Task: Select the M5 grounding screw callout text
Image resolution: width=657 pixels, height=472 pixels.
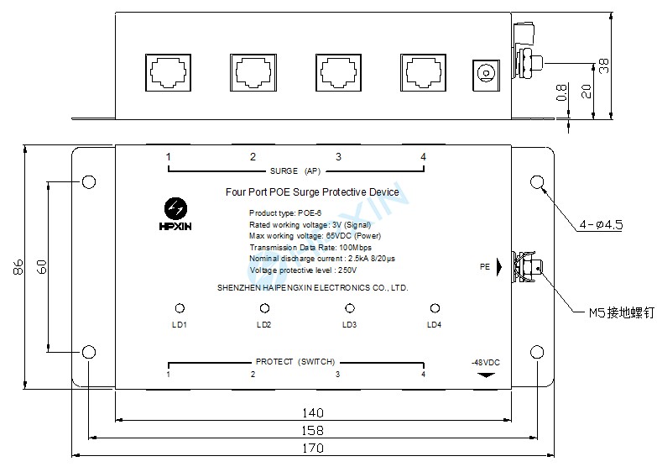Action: coord(619,313)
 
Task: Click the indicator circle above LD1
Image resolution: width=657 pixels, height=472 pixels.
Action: coord(178,308)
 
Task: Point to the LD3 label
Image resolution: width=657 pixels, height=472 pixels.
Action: coord(349,324)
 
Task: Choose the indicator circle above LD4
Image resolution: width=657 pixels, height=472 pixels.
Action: coord(435,308)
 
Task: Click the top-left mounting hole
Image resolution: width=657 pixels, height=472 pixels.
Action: coord(88,181)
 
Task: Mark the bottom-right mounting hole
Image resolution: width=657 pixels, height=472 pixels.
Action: coord(537,351)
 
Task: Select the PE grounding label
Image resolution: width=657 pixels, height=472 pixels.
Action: coord(484,267)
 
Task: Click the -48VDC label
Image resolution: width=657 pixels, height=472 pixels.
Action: coord(485,362)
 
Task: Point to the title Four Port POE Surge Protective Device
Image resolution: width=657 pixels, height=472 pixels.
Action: coord(312,192)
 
